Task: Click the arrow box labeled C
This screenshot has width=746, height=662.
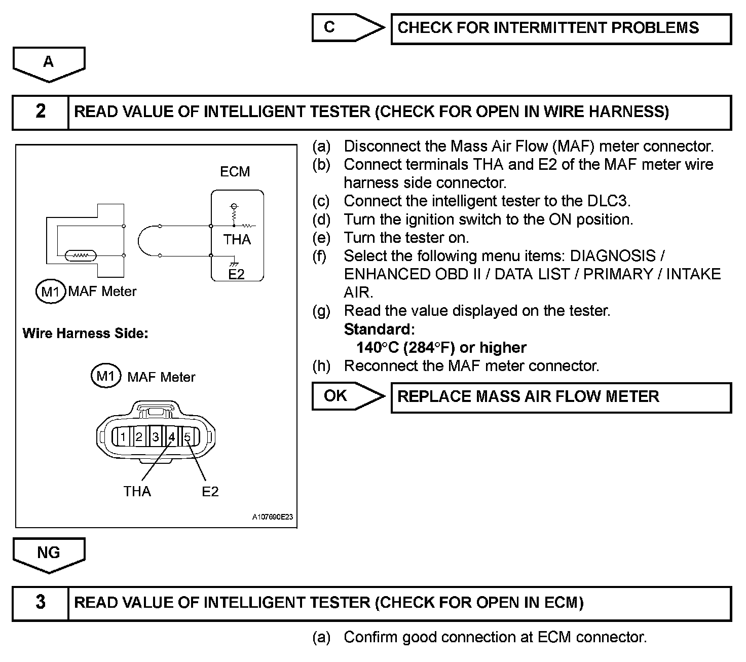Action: [347, 27]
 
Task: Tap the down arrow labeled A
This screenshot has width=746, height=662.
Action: [49, 63]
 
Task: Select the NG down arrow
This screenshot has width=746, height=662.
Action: [49, 554]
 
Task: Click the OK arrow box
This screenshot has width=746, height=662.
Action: [347, 396]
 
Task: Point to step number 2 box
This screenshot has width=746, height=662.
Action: [41, 112]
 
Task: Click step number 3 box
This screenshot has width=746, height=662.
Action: [41, 603]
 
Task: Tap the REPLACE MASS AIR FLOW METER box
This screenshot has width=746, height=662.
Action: [561, 397]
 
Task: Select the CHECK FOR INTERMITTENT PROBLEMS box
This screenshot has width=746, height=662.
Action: [561, 28]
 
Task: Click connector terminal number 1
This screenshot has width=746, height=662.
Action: [123, 437]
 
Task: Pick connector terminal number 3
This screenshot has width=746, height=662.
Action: [156, 437]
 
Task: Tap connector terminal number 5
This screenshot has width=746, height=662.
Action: [188, 437]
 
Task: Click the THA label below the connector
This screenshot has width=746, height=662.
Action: [137, 491]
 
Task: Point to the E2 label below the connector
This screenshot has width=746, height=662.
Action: [210, 491]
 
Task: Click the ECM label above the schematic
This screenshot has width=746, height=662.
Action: [235, 172]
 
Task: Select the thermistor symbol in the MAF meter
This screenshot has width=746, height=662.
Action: [81, 256]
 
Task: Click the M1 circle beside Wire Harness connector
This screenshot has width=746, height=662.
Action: [105, 376]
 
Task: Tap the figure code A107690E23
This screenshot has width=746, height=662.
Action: [272, 517]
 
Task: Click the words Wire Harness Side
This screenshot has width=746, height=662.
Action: [85, 334]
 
